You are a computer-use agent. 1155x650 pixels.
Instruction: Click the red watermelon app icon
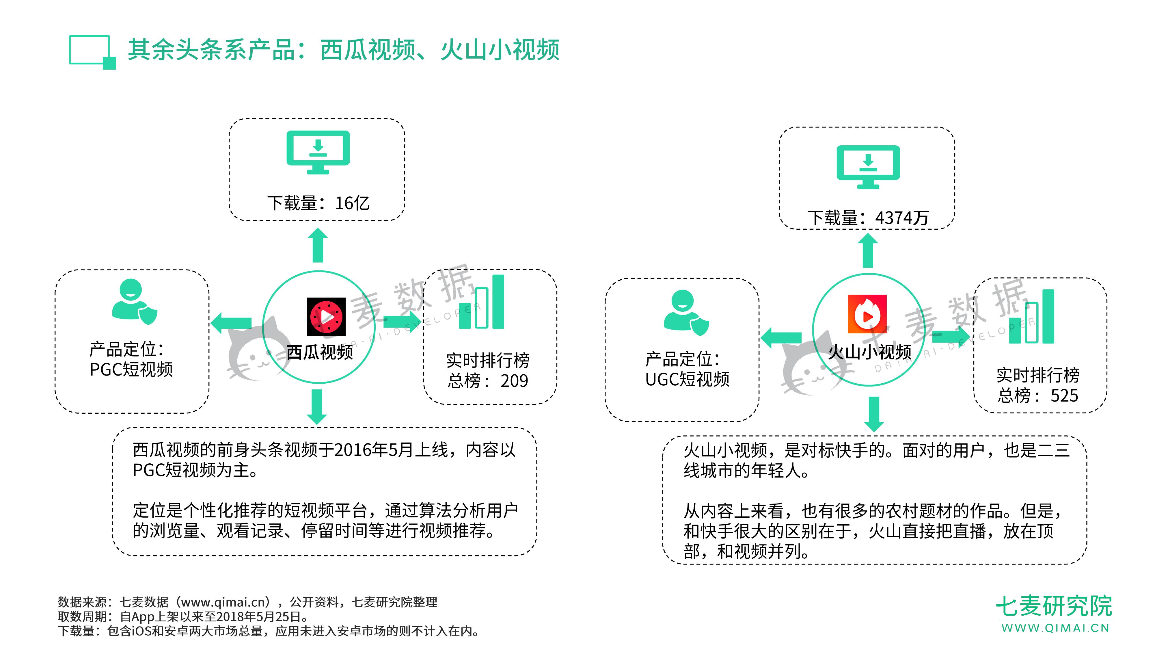(326, 317)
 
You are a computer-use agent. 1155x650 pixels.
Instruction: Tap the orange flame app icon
(867, 314)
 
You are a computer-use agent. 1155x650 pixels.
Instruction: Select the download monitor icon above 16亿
(318, 152)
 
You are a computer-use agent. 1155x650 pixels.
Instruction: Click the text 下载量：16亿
(318, 203)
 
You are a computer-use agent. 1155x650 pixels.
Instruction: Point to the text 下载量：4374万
(868, 218)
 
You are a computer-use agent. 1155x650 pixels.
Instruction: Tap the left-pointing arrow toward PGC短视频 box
(231, 323)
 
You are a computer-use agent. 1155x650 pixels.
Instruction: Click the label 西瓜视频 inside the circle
(320, 352)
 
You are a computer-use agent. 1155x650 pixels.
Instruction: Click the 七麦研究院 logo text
(1054, 606)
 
